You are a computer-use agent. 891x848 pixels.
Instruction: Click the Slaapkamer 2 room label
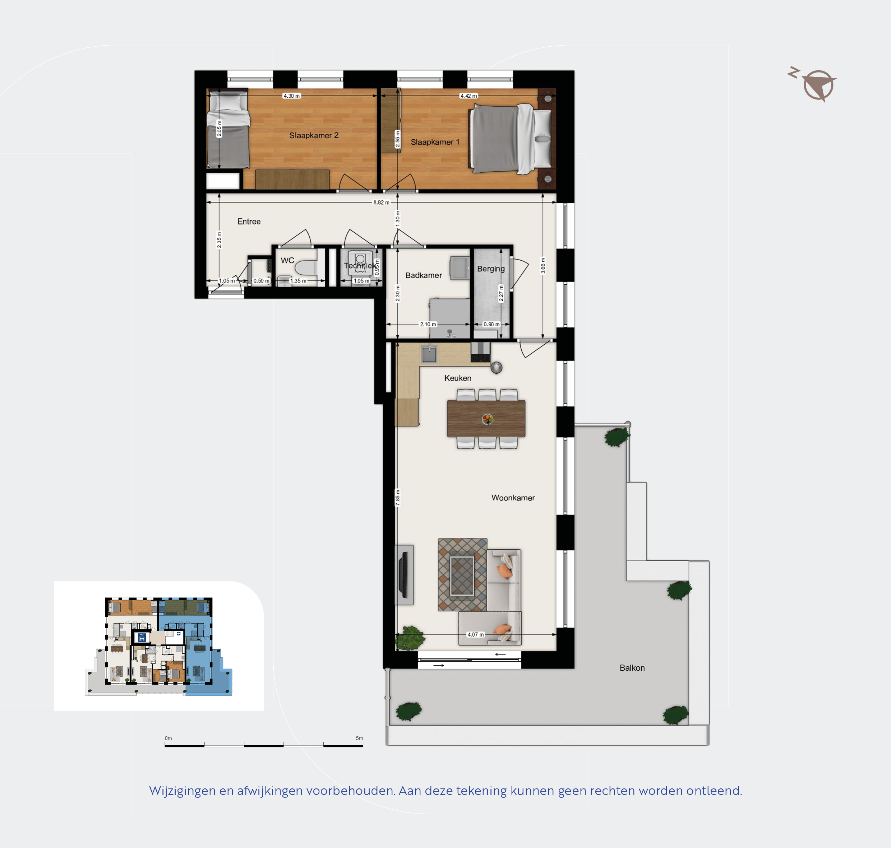click(314, 135)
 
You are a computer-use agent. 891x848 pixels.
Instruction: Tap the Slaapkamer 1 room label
click(435, 142)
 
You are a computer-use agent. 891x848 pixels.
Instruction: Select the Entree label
click(249, 222)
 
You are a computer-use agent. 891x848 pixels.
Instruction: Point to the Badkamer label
click(423, 275)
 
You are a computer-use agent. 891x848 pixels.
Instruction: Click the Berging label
click(491, 269)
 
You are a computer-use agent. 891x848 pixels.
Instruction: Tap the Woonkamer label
click(513, 498)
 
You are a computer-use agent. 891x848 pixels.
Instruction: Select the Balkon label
click(632, 668)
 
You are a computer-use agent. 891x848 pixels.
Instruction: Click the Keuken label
click(458, 378)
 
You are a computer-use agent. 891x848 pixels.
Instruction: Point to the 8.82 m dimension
click(381, 202)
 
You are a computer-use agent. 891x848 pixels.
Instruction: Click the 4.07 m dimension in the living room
click(475, 635)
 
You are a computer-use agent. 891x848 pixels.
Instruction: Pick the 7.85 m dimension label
click(398, 498)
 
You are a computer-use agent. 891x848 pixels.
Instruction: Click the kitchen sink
click(429, 354)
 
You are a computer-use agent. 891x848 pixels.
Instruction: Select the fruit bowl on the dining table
click(487, 419)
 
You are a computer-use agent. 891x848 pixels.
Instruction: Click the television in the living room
click(403, 574)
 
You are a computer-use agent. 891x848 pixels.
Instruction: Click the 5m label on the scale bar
click(359, 738)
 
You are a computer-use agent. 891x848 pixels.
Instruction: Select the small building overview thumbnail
click(159, 646)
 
